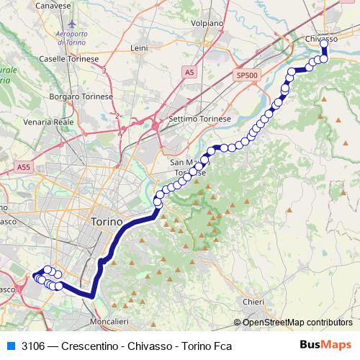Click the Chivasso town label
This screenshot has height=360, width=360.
[x=322, y=37]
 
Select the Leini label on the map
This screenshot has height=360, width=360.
[x=139, y=48]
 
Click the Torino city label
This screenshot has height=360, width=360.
[x=108, y=222]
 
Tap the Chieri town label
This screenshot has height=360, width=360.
[x=254, y=302]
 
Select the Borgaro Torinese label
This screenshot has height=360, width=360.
[x=80, y=96]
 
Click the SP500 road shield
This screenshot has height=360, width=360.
[x=246, y=75]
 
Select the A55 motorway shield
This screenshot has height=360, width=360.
[x=22, y=166]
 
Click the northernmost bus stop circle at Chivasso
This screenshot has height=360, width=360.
[x=324, y=44]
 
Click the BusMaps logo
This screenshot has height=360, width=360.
[x=325, y=346]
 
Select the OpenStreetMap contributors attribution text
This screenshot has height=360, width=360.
[x=297, y=322]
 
